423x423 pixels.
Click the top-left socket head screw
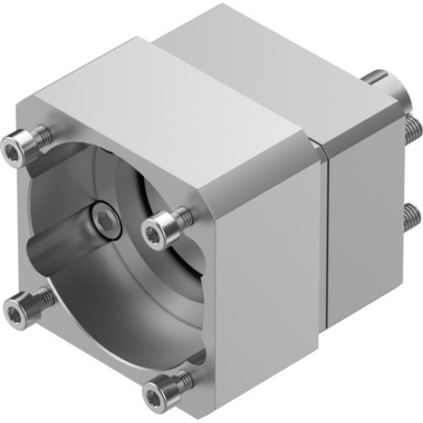point(15,149)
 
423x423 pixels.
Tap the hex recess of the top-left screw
point(12,150)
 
